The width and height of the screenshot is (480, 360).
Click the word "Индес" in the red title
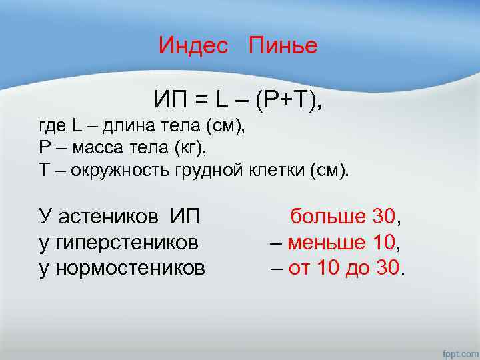tap(193, 46)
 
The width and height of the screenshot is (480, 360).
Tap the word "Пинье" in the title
tap(283, 46)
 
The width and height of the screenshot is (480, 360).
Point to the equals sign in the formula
tap(200, 101)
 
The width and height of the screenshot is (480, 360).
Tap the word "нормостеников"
tap(129, 268)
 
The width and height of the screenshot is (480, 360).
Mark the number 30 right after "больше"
tap(384, 217)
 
